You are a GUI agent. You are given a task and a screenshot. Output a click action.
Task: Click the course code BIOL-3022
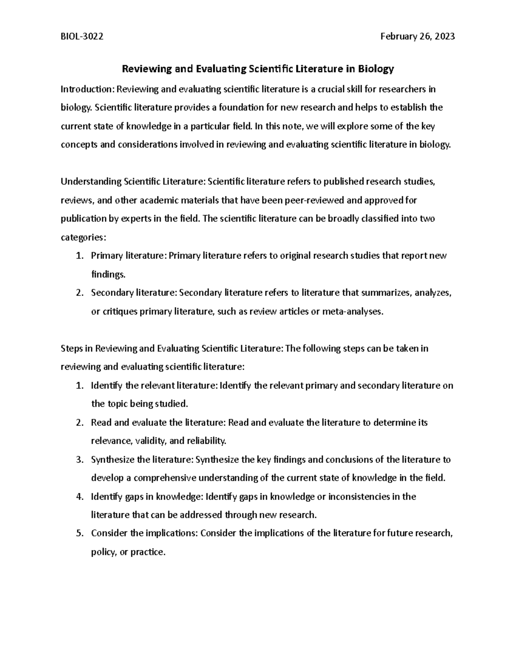click(x=82, y=37)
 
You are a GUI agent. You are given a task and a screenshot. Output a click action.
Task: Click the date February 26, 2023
click(x=418, y=37)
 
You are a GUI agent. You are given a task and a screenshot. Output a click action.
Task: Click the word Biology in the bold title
click(x=377, y=69)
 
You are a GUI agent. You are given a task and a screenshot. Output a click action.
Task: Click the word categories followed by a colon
click(x=82, y=237)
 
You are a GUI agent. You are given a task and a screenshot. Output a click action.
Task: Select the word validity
click(x=151, y=441)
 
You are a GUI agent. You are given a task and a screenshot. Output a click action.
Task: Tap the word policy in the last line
click(x=103, y=552)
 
